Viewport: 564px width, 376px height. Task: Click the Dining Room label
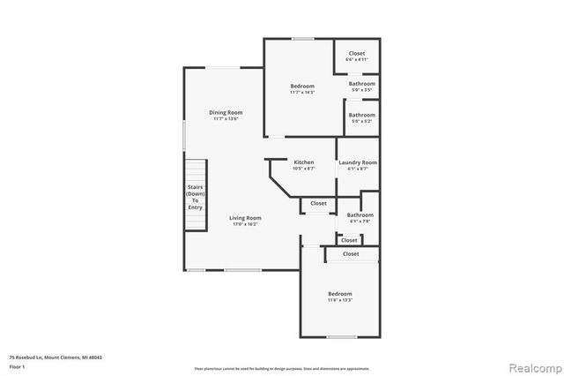tap(226, 112)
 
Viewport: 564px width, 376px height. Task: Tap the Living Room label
tap(246, 217)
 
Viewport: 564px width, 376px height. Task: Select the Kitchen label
tap(304, 162)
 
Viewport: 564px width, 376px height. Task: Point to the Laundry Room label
tap(358, 162)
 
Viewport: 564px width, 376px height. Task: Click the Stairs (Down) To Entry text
tap(195, 197)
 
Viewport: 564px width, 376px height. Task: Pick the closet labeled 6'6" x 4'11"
tap(356, 54)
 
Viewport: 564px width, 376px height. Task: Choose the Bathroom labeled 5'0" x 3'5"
tap(361, 84)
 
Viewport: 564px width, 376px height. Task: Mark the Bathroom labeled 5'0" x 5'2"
tap(361, 115)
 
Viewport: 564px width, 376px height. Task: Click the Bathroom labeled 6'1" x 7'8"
tap(360, 215)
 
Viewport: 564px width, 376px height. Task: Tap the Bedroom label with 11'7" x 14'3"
tap(302, 86)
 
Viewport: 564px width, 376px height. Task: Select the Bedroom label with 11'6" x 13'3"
tap(340, 294)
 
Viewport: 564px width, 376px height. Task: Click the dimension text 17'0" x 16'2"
tap(246, 224)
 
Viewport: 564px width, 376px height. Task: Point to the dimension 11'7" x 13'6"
tap(226, 119)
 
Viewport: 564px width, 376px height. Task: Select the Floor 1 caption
tap(18, 365)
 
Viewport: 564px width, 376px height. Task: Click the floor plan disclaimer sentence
tap(282, 367)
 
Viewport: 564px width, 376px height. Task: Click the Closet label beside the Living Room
tap(318, 203)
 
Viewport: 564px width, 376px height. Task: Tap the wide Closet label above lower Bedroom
tap(351, 254)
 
